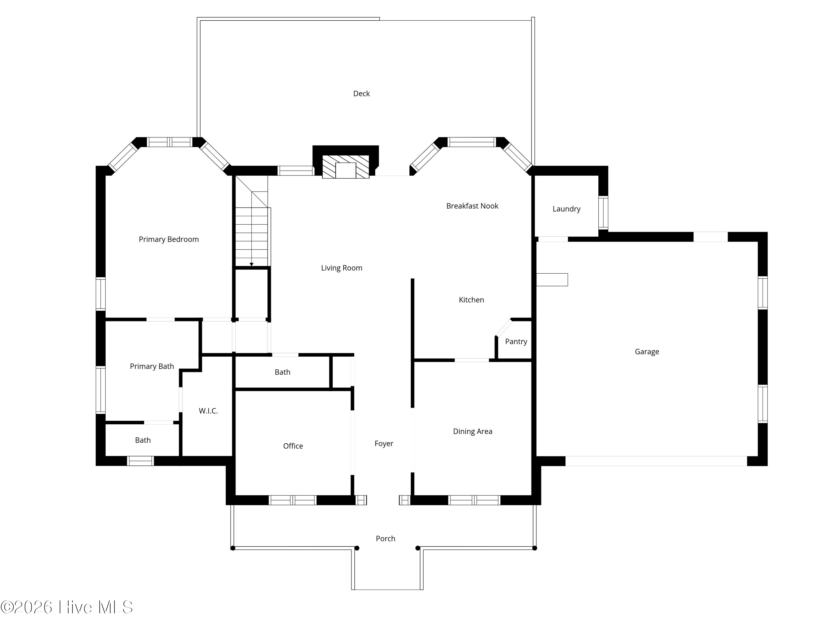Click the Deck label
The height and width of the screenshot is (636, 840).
361,94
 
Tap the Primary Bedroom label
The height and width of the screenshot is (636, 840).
169,239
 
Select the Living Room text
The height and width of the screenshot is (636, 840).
341,268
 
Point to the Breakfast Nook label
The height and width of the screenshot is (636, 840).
472,206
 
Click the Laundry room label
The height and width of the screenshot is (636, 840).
566,209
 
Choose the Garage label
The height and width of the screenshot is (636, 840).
647,352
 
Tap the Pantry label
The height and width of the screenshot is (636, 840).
516,342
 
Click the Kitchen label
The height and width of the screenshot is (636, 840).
471,300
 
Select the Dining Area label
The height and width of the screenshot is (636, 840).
472,431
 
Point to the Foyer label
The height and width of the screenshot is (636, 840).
384,444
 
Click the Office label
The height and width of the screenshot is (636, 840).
293,446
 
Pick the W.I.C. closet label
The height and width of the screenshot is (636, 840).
208,411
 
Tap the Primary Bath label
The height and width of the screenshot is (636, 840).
152,366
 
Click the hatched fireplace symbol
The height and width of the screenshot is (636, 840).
346,166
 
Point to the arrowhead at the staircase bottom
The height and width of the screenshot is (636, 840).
251,264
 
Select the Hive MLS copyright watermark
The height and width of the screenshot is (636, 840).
67,607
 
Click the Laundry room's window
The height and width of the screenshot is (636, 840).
603,213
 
